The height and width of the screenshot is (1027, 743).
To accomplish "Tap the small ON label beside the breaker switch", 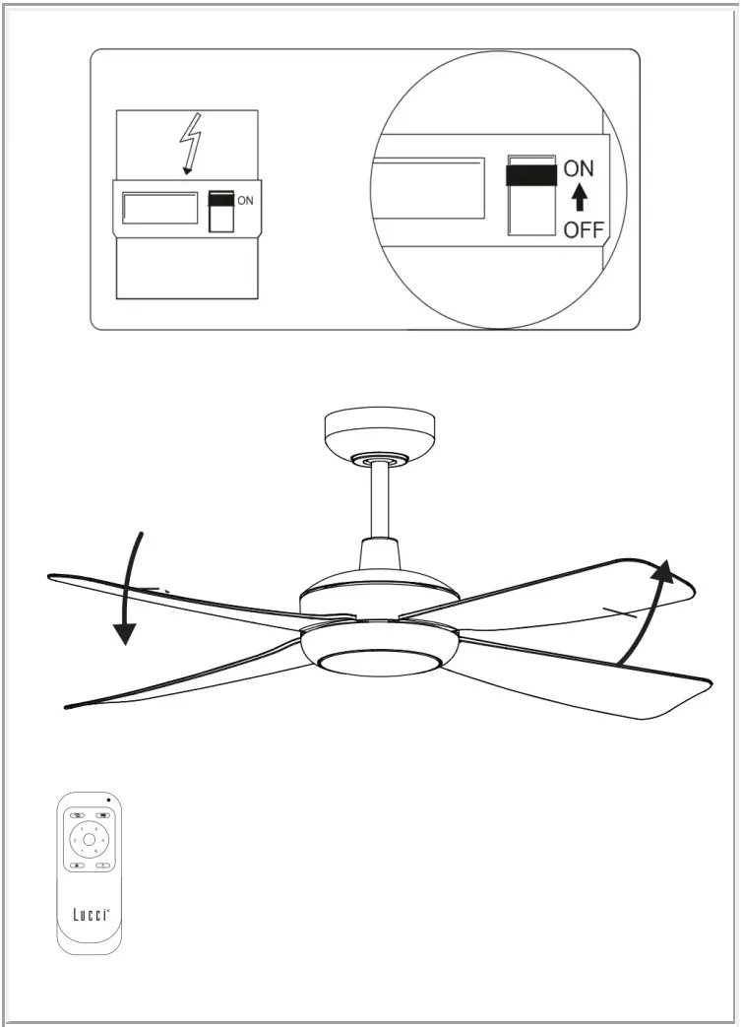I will coord(245,201).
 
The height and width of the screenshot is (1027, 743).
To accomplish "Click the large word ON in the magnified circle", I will coord(579,169).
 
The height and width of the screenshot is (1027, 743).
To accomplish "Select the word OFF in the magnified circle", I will coord(583,230).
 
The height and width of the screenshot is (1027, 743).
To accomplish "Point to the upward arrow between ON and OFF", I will coord(580,200).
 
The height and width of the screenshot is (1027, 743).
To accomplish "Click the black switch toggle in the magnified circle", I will coord(530,175).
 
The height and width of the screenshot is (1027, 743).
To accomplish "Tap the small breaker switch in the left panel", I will coord(221,211).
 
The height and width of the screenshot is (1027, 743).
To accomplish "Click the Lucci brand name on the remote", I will coord(90,913).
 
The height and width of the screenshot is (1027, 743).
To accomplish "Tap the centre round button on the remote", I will coord(90,840).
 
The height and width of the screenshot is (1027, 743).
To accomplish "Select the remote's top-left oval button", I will coord(76,815).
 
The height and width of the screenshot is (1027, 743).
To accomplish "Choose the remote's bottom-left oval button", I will coord(76,866).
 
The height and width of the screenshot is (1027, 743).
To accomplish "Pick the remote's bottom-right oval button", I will coord(103,866).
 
